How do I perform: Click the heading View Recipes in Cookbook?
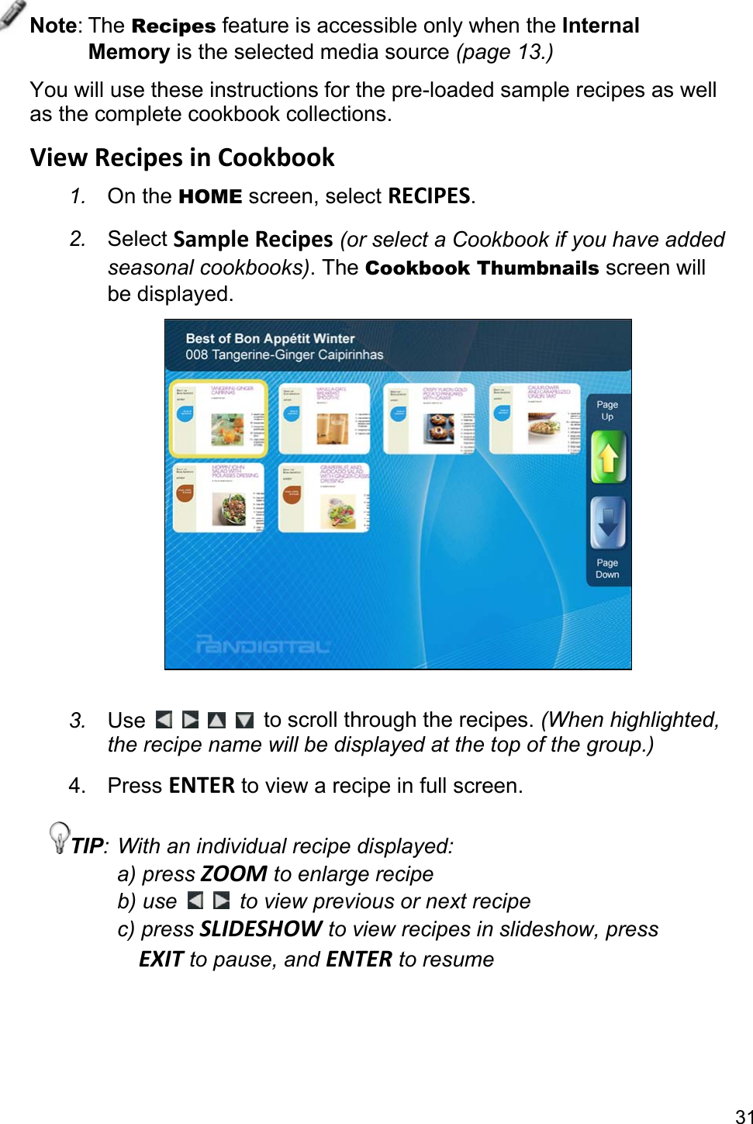182,157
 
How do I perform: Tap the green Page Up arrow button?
608,457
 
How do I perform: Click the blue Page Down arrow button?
608,523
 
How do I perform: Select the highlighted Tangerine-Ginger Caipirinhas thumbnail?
219,418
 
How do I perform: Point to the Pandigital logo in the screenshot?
263,644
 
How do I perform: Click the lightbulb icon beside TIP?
59,837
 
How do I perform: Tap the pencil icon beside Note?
12,13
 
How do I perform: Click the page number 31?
744,1116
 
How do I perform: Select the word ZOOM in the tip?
233,874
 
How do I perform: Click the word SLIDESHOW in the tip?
261,929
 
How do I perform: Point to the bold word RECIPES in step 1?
429,196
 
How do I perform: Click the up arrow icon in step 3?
217,721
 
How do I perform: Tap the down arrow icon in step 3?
244,721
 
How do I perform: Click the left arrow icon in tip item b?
195,901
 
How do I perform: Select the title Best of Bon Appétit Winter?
270,338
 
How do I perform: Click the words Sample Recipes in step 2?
253,239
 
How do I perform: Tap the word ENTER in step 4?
202,786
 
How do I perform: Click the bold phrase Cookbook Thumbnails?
482,268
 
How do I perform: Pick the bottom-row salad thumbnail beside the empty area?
324,498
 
